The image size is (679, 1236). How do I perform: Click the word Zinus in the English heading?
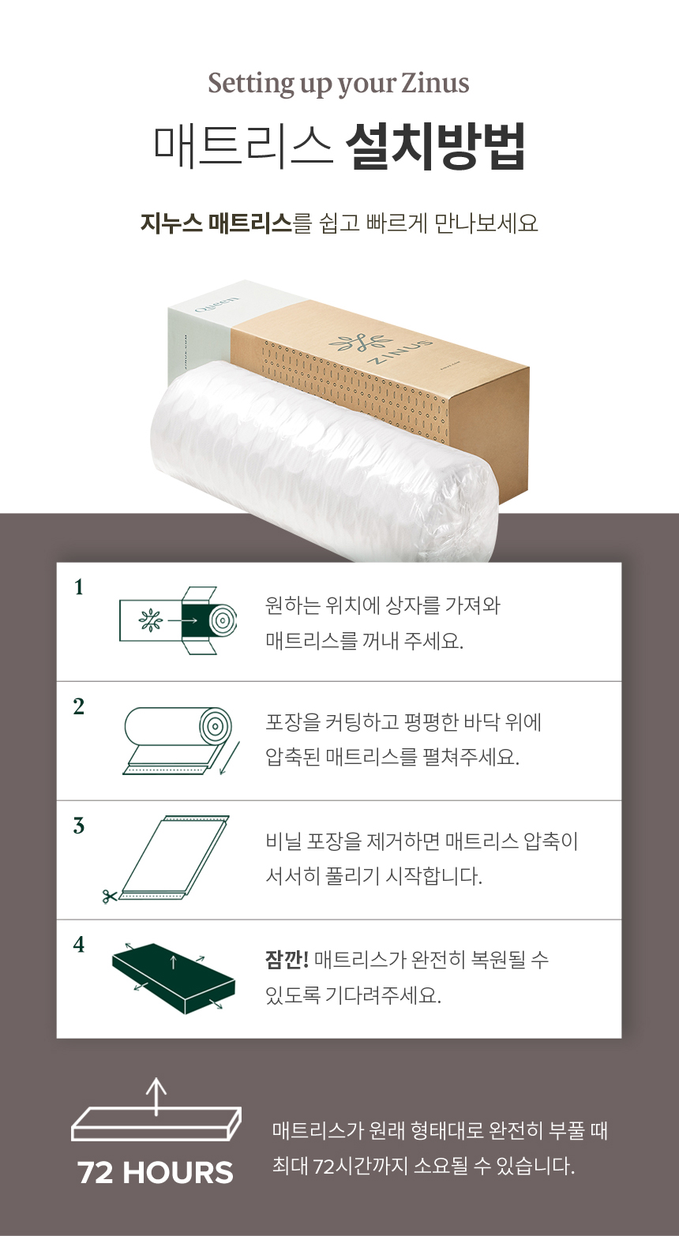click(434, 84)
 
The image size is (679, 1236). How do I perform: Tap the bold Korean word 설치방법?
click(435, 147)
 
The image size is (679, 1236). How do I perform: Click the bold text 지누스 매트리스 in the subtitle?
click(216, 223)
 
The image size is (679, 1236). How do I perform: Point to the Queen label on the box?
click(217, 305)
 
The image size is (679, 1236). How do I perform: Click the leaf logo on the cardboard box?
click(361, 342)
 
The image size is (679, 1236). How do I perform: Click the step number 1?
click(79, 588)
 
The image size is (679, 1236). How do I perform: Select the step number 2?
click(79, 707)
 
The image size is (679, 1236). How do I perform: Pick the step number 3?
click(79, 826)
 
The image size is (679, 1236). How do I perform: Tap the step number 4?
click(79, 945)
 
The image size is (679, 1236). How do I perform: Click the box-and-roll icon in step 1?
click(178, 620)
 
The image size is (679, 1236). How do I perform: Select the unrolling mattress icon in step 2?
click(182, 741)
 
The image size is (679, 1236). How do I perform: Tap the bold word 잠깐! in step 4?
click(287, 960)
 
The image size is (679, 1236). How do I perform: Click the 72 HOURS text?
click(156, 1173)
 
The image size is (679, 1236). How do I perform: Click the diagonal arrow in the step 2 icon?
click(230, 758)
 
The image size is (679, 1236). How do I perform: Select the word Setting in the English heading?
click(251, 84)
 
